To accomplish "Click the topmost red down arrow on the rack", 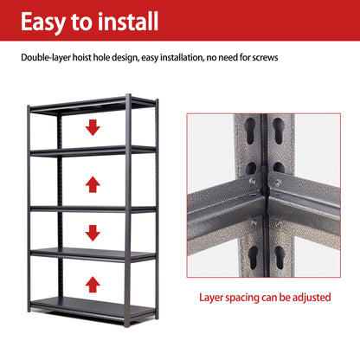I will [x=93, y=127].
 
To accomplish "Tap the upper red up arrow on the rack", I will [x=93, y=182].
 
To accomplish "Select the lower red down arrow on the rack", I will [x=93, y=232].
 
